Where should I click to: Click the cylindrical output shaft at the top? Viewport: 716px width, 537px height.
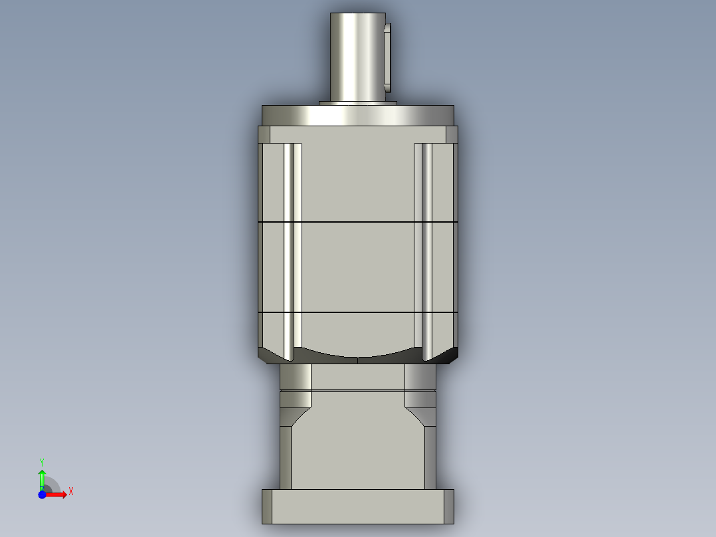[357, 56]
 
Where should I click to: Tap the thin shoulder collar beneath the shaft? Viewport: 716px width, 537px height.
[357, 103]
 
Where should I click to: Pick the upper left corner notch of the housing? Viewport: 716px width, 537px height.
[264, 135]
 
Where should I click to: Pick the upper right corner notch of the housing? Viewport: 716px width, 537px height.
[451, 135]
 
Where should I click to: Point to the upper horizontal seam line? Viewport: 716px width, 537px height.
[357, 221]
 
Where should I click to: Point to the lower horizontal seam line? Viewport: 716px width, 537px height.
[357, 312]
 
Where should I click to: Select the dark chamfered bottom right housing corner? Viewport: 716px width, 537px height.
[450, 355]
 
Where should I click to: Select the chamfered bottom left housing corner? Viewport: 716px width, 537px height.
[266, 355]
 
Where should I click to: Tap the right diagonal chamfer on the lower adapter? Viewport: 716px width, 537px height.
[417, 417]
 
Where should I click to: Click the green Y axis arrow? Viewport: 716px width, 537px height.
[41, 476]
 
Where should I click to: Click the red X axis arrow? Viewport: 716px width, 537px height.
[58, 494]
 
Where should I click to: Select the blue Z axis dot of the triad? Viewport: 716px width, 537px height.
[42, 494]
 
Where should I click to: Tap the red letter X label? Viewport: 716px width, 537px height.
[71, 492]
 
